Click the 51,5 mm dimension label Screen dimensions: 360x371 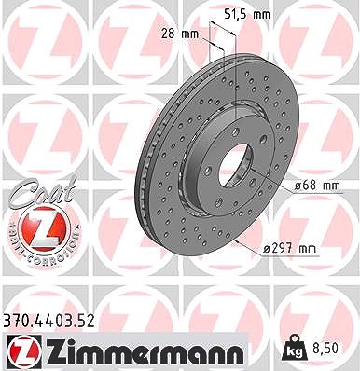click(247, 14)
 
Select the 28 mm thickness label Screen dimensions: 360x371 click(180, 34)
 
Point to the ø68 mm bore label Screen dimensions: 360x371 click(317, 185)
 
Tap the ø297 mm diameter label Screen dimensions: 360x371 click(289, 249)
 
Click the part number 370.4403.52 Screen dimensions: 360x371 click(48, 321)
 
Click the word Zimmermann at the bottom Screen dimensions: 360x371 click(143, 351)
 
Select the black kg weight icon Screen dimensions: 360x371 click(294, 349)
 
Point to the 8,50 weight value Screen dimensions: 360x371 click(325, 349)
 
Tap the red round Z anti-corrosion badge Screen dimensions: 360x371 click(44, 228)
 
